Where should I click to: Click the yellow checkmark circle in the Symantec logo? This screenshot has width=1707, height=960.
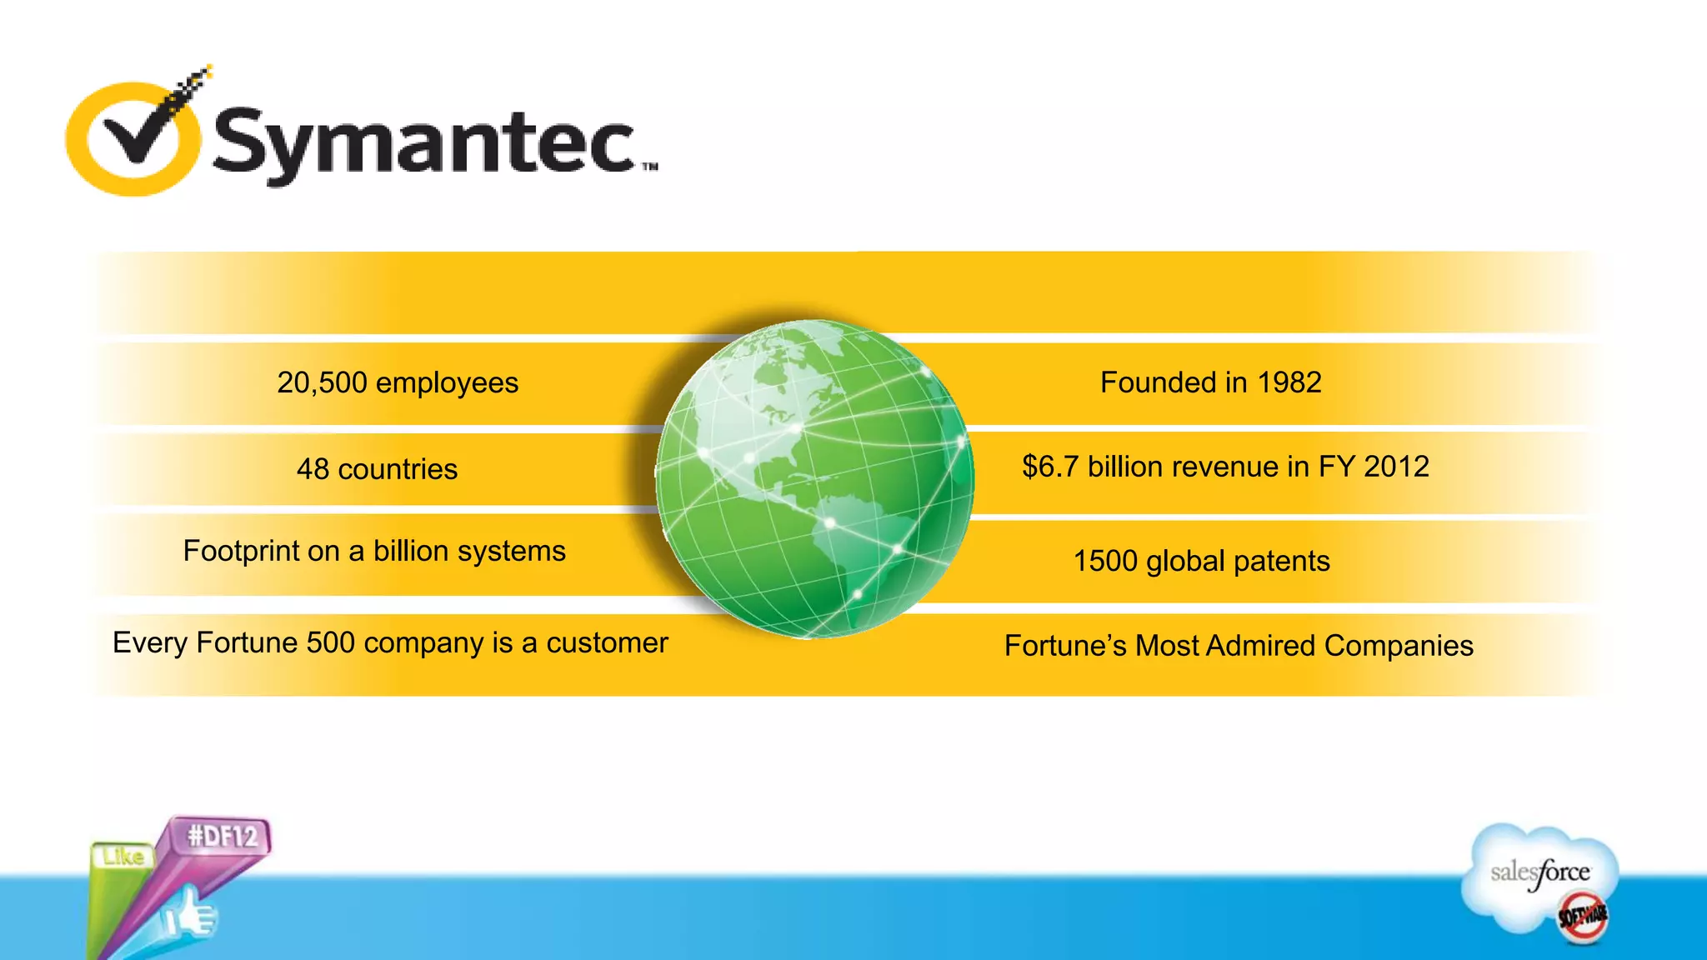tap(133, 138)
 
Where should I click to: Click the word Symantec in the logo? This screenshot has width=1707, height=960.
tap(425, 143)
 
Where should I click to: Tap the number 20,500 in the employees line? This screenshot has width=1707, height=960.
tap(322, 382)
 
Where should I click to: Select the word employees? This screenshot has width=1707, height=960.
tap(447, 382)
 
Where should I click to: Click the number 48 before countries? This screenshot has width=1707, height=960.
tap(313, 469)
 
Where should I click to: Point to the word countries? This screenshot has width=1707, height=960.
tap(398, 469)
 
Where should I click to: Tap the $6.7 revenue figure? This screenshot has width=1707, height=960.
tap(1050, 467)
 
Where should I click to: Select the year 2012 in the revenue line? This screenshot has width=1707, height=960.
tap(1396, 467)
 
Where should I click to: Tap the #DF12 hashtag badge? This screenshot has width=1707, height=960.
tap(223, 836)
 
